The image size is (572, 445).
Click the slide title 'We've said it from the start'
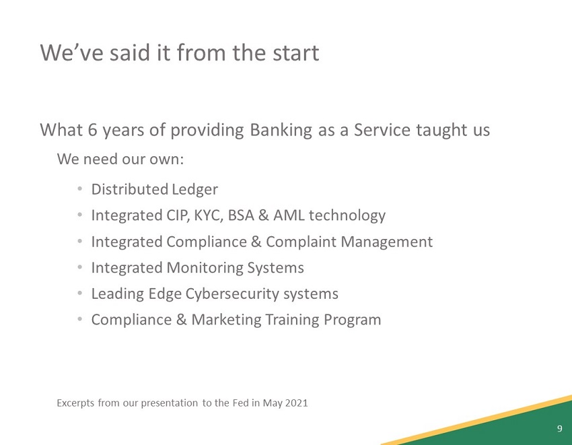tap(179, 53)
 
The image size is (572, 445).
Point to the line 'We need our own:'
tap(120, 160)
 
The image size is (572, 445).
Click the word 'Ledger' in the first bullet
tap(194, 190)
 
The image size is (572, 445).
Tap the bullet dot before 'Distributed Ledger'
tap(79, 190)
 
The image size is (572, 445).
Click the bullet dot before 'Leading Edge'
tap(79, 294)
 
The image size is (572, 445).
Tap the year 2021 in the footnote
tap(295, 403)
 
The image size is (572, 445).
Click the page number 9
tap(559, 429)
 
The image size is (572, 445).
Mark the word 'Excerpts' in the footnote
tap(75, 403)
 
